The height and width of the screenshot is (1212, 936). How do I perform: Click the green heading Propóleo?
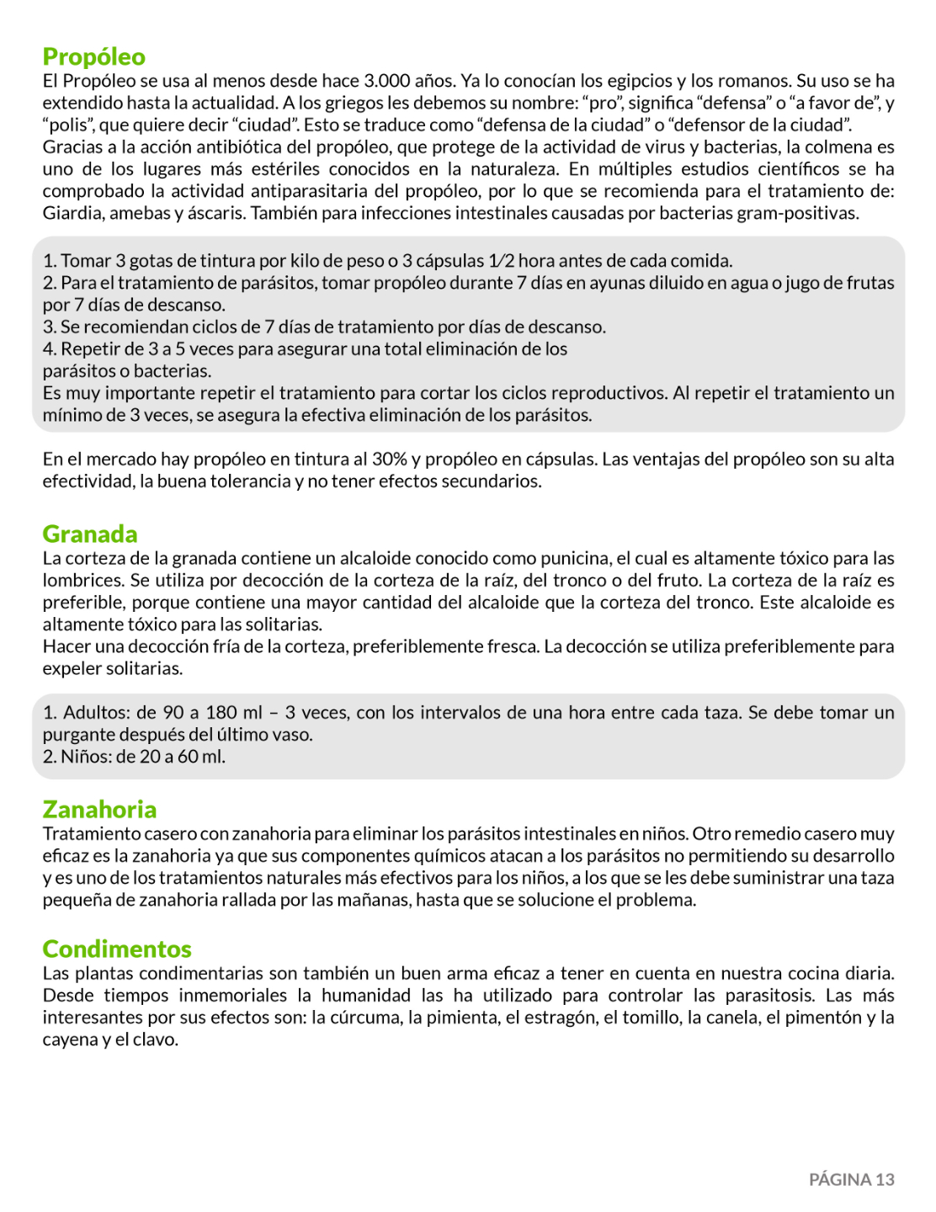[x=93, y=56]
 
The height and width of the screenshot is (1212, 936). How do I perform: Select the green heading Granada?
[x=90, y=534]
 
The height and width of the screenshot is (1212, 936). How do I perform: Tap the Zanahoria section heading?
[x=99, y=809]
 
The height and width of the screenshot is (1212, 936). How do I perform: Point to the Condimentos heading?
[x=117, y=949]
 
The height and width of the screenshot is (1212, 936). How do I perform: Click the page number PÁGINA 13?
[x=851, y=1179]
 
